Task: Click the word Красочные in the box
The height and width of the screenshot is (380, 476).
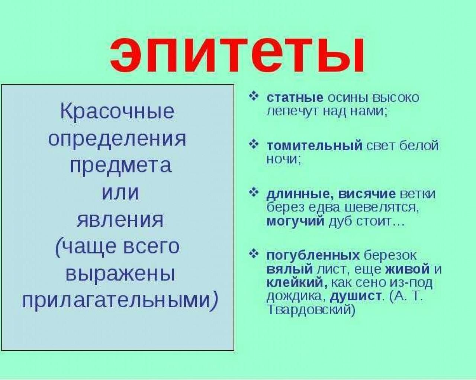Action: pyautogui.click(x=117, y=112)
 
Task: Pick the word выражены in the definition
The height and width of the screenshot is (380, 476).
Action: pyautogui.click(x=120, y=275)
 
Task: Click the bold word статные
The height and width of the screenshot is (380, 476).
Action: pyautogui.click(x=295, y=98)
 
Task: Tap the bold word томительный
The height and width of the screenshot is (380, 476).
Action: pyautogui.click(x=315, y=146)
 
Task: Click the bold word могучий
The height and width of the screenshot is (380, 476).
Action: pyautogui.click(x=295, y=222)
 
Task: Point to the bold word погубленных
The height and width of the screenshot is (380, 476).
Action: pyautogui.click(x=313, y=256)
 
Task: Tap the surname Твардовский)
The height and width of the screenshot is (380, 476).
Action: pyautogui.click(x=311, y=310)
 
